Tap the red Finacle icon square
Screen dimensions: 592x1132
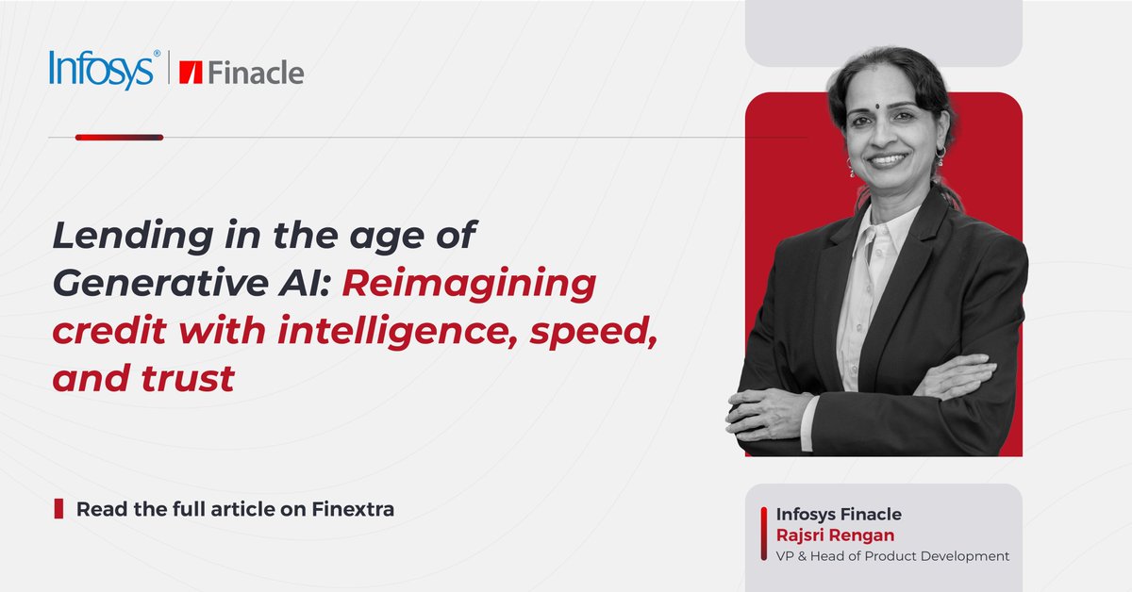tap(192, 73)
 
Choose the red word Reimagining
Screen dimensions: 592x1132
tap(468, 284)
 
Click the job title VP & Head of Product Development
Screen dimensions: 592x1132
tap(892, 556)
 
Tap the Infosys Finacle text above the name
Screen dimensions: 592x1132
tap(838, 515)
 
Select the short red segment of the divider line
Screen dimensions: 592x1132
tap(119, 138)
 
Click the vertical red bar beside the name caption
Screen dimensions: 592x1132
tap(763, 534)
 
